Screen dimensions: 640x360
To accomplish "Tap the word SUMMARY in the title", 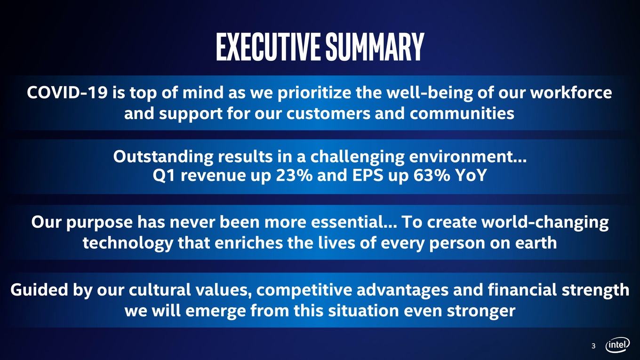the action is tap(375, 47).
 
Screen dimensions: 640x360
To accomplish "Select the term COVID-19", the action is tap(67, 93).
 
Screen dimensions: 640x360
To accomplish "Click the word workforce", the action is tap(571, 93).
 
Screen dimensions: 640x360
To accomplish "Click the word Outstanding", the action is tap(163, 157).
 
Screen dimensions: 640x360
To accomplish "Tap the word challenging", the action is tap(358, 157).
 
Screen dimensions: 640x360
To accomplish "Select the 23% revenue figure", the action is tap(294, 175).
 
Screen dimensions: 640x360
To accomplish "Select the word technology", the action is tap(128, 243).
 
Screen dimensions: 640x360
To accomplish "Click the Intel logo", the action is tap(617, 345).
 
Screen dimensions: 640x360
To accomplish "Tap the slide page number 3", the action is tap(593, 346).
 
